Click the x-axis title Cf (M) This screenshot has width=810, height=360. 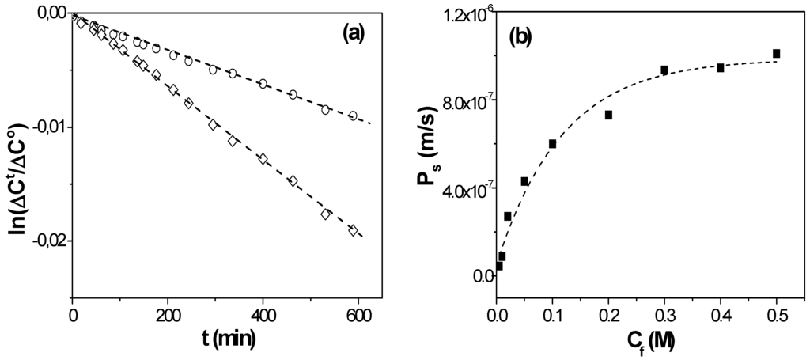click(x=640, y=343)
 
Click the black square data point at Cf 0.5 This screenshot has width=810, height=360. click(x=777, y=54)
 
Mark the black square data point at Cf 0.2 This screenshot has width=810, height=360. click(x=609, y=115)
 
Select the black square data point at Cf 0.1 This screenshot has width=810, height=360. click(x=553, y=144)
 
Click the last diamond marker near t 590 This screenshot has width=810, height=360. click(x=353, y=230)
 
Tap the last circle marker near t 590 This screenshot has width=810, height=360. click(x=353, y=116)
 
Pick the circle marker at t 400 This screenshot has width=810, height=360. click(x=263, y=83)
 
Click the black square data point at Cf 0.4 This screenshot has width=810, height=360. click(x=721, y=68)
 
